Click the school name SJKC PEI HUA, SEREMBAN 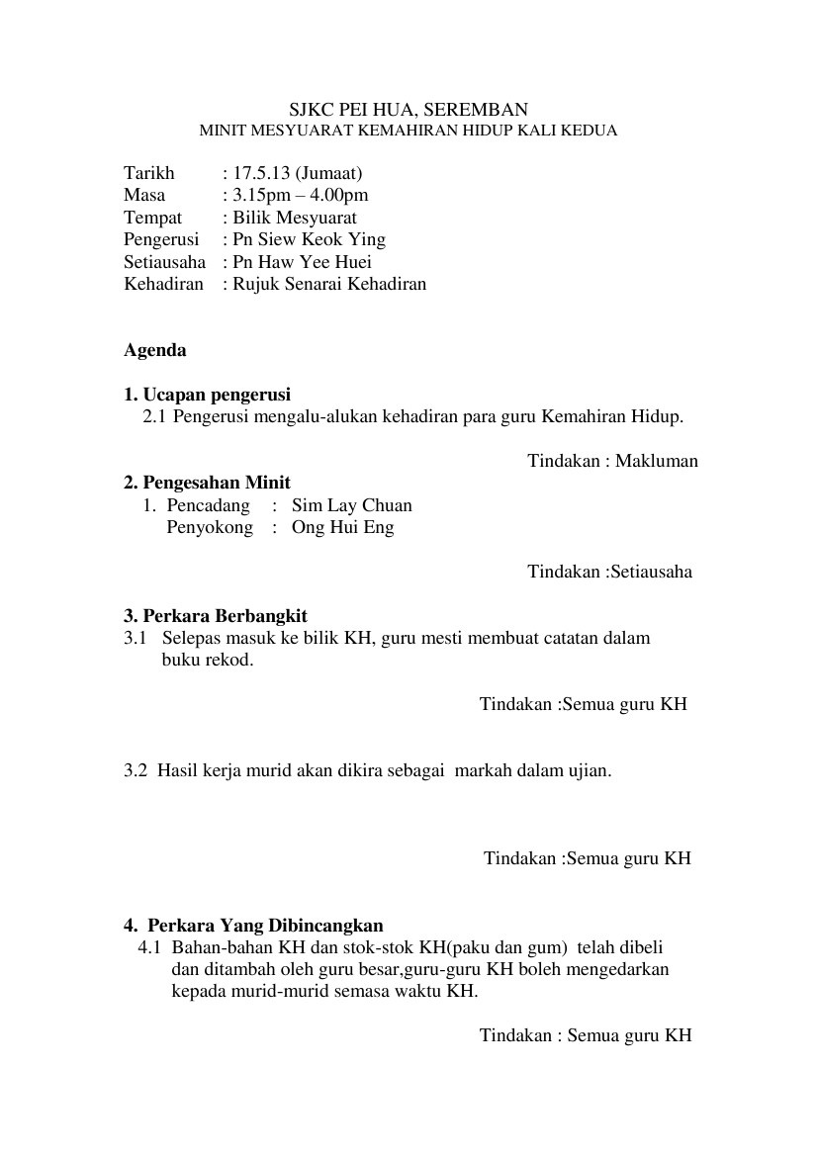pyautogui.click(x=409, y=110)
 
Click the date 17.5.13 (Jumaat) pyautogui.click(x=294, y=174)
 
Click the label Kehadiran pyautogui.click(x=163, y=284)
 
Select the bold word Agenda pyautogui.click(x=154, y=350)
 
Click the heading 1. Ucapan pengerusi pyautogui.click(x=207, y=395)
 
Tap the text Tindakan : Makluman pyautogui.click(x=612, y=461)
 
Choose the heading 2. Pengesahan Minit pyautogui.click(x=207, y=483)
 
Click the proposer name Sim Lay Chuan pyautogui.click(x=351, y=505)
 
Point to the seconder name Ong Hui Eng pyautogui.click(x=342, y=527)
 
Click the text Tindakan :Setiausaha pyautogui.click(x=609, y=572)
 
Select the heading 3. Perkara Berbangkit pyautogui.click(x=216, y=616)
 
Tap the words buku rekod pyautogui.click(x=208, y=660)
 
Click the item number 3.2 pyautogui.click(x=136, y=770)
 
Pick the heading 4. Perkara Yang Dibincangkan pyautogui.click(x=253, y=926)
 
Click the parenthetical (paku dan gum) pyautogui.click(x=508, y=947)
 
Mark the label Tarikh pyautogui.click(x=148, y=174)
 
